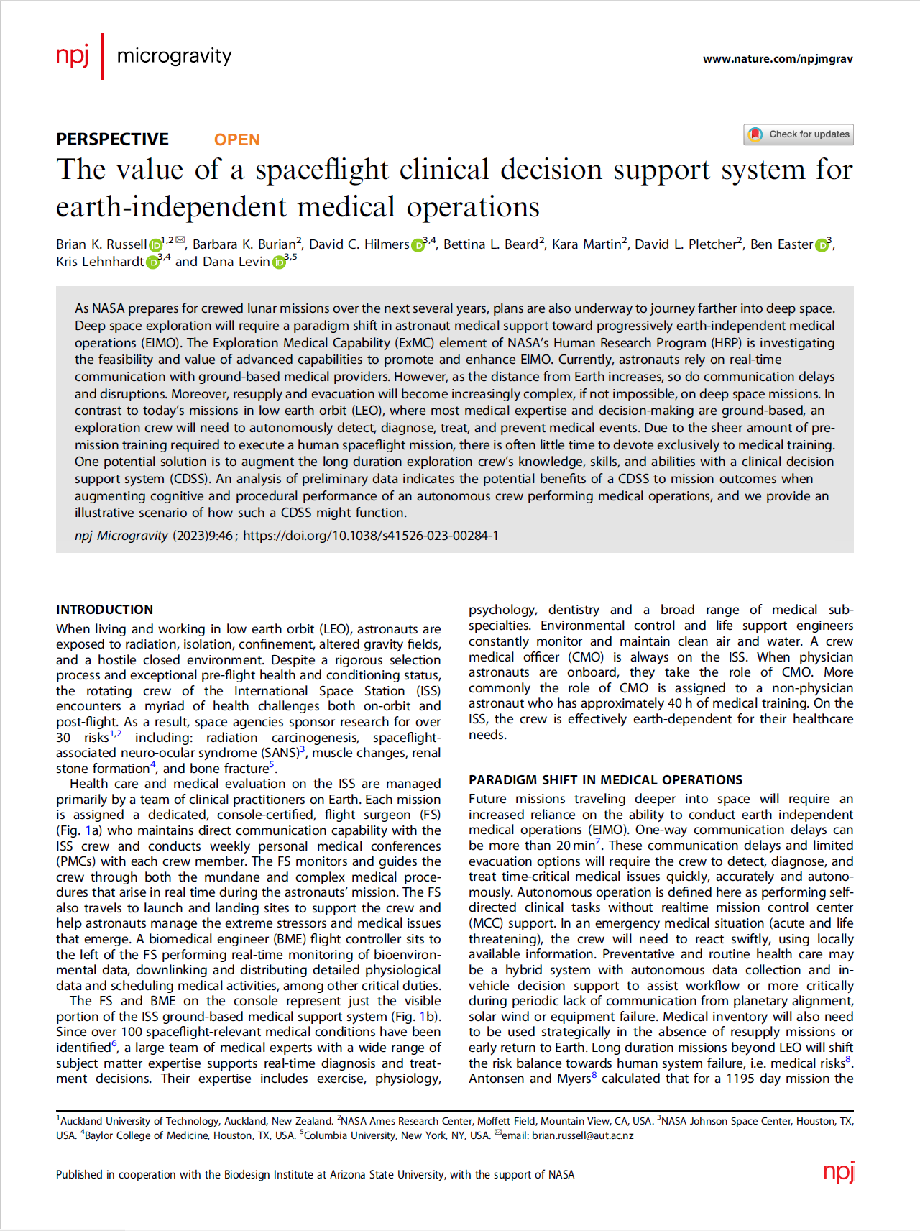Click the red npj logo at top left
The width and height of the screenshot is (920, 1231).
coord(73,55)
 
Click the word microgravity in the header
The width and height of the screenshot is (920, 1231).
coord(174,55)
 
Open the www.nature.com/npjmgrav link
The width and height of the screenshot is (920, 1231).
coord(778,59)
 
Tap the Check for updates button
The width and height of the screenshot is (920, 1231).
coord(799,134)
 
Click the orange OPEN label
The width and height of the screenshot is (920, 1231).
coord(236,139)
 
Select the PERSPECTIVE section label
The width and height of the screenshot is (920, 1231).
coord(112,139)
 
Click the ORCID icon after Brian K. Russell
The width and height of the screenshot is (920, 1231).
coord(155,246)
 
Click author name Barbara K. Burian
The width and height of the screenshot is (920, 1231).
coord(244,244)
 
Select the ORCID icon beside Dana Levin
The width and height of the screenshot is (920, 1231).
coord(279,263)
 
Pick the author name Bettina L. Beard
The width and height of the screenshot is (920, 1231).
coord(490,244)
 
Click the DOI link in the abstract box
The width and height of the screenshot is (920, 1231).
coord(370,536)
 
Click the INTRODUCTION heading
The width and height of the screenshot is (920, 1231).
coord(105,610)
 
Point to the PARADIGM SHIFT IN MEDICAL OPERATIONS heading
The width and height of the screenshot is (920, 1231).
coord(605,780)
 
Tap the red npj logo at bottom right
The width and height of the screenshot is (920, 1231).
coord(838,1173)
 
